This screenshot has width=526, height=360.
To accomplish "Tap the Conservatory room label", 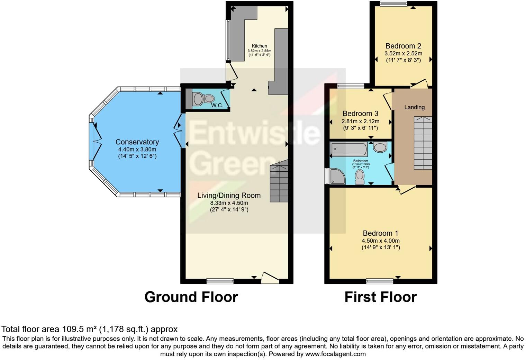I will (137, 142).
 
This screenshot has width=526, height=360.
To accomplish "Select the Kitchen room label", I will (259, 46).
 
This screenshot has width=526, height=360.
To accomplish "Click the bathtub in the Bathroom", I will (348, 149).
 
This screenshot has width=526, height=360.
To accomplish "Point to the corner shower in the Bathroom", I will (337, 176).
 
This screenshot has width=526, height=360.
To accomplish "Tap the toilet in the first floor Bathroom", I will (360, 177).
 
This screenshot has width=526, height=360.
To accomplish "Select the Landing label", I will (414, 107).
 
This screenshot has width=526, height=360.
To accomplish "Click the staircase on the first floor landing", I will (423, 143).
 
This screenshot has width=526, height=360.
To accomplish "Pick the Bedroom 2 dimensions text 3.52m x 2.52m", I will (403, 53).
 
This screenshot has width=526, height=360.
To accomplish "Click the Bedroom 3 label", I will (360, 114).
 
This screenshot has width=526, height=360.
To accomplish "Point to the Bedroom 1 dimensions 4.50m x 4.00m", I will (381, 241).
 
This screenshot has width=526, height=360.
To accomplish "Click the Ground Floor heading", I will (191, 297).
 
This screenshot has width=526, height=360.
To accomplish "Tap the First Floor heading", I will (380, 297).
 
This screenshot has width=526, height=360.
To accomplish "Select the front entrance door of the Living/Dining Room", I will (270, 278).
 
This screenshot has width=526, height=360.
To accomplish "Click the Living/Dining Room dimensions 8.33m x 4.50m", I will (229, 203).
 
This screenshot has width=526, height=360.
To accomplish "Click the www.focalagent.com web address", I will (335, 354).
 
